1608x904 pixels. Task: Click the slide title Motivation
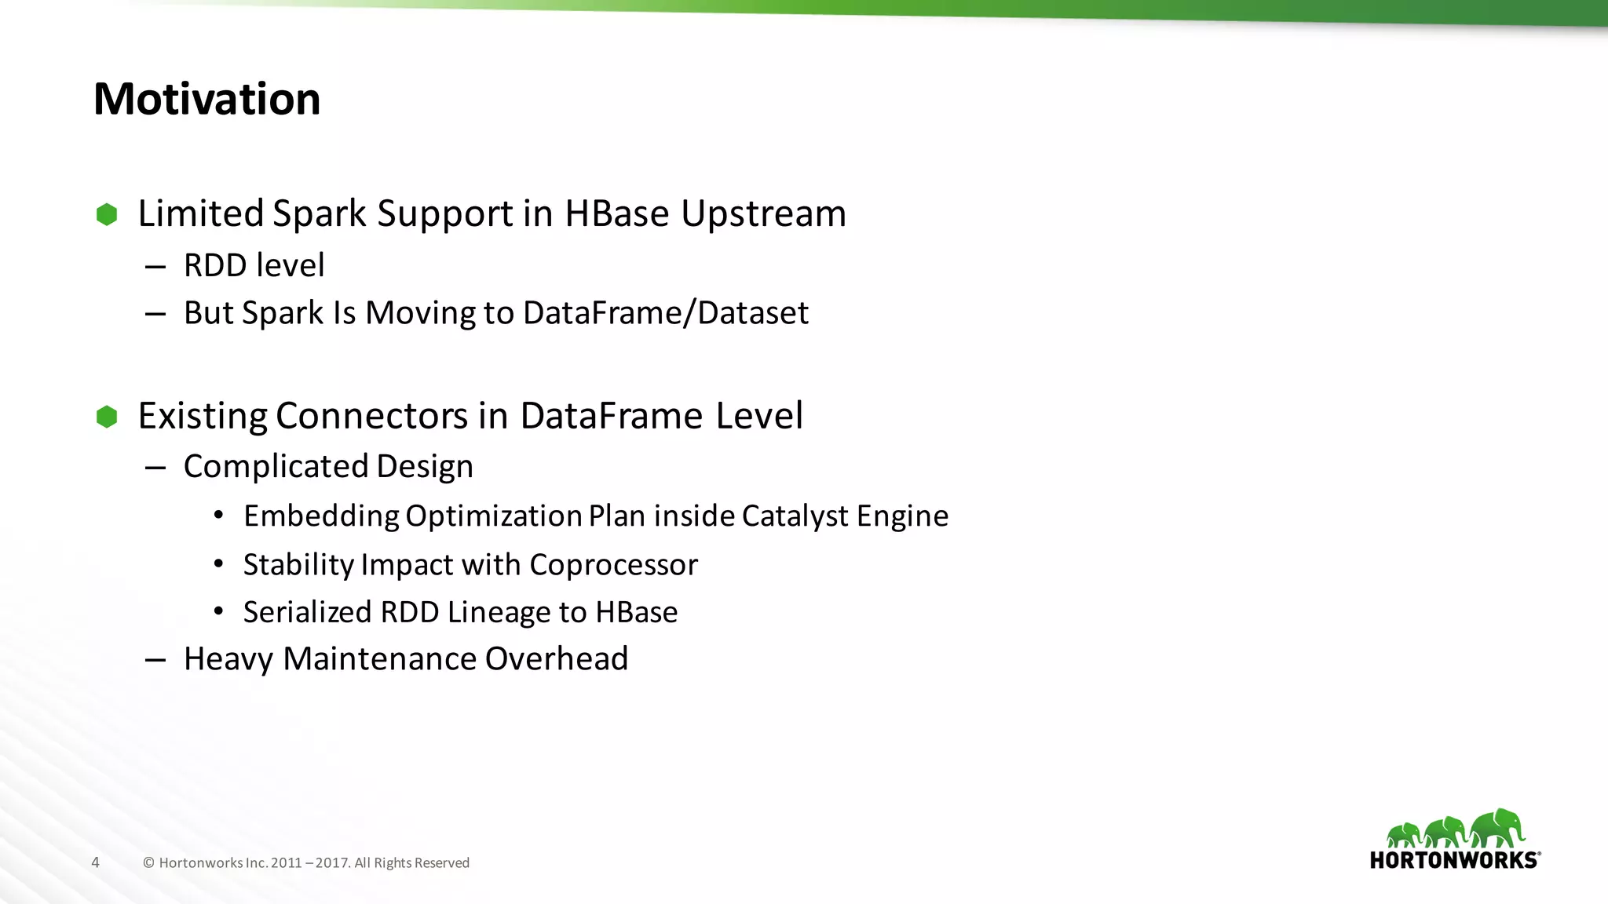coord(207,100)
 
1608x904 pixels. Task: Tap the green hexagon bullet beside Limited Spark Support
coord(107,214)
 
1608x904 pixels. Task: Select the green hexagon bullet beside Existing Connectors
coord(107,417)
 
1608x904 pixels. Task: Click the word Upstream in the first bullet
coord(763,214)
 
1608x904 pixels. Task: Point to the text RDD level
coord(254,265)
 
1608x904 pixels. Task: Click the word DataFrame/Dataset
coord(665,313)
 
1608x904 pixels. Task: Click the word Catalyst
coord(795,516)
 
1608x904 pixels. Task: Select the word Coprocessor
coord(613,565)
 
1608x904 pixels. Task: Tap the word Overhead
coord(557,659)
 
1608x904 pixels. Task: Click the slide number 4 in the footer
coord(96,863)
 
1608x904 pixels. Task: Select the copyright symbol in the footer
coord(148,863)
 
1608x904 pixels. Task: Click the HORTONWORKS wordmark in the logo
coord(1454,860)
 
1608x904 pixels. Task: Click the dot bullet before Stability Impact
coord(219,564)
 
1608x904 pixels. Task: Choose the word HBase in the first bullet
coord(616,214)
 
